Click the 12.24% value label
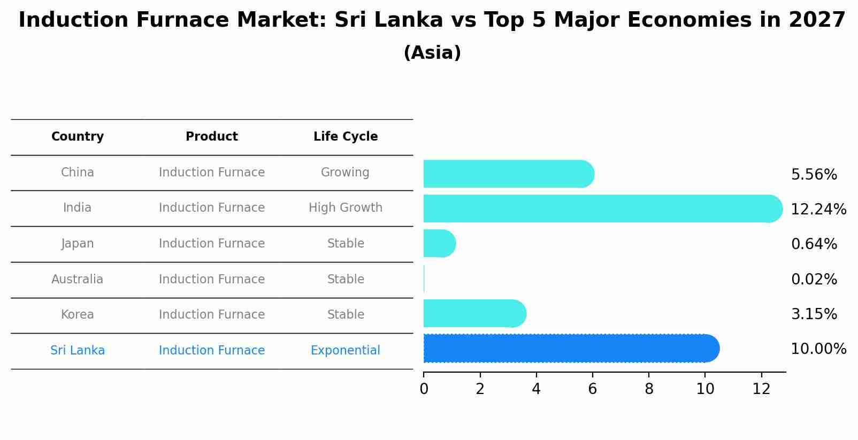tap(818, 210)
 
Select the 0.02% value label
tap(814, 280)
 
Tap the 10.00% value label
tap(818, 349)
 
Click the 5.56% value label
tap(814, 175)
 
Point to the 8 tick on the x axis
tap(649, 389)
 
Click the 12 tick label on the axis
tap(761, 389)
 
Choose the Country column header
tap(78, 137)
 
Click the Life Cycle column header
tap(346, 137)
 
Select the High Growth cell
tap(346, 208)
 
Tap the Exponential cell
tap(346, 351)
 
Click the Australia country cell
tap(78, 280)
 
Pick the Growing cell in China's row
tap(345, 173)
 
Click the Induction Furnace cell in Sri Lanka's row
tap(212, 351)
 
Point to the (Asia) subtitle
tap(432, 53)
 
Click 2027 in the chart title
tap(817, 20)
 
